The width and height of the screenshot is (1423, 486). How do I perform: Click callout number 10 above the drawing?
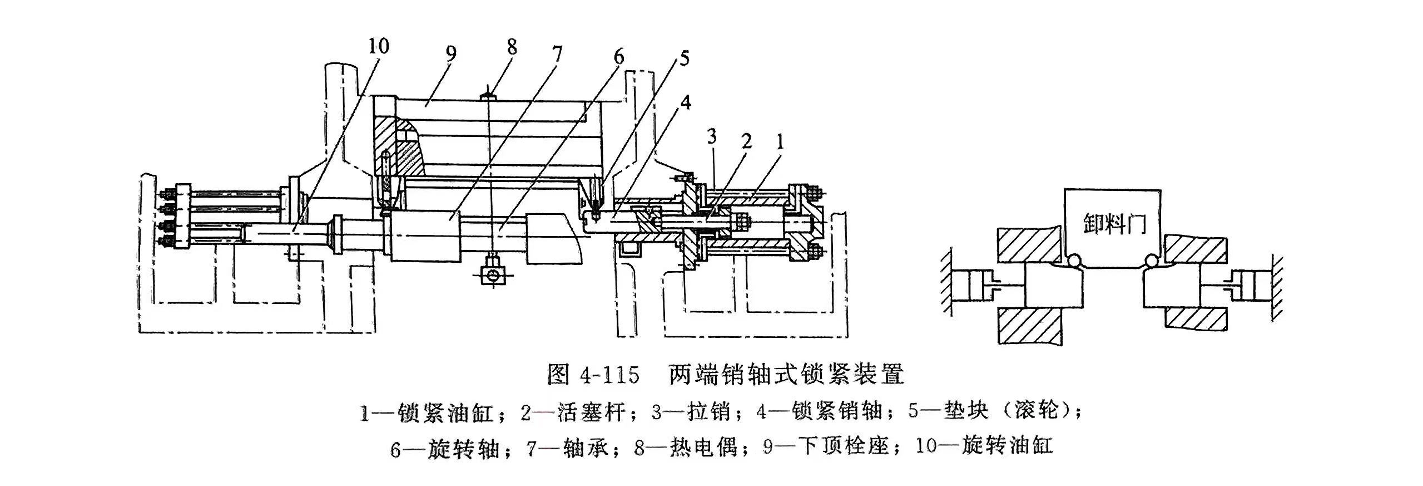click(x=378, y=47)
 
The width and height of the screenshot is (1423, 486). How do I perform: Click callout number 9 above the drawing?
click(x=450, y=53)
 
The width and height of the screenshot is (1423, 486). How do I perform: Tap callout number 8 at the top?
click(x=511, y=47)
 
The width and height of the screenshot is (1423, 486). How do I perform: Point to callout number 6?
click(x=618, y=57)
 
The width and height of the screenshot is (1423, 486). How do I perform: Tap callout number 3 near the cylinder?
click(x=712, y=136)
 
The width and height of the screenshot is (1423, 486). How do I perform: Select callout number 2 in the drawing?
click(x=746, y=140)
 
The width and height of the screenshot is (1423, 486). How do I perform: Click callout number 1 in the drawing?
click(x=780, y=143)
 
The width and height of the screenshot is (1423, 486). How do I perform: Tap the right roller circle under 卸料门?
click(x=1153, y=261)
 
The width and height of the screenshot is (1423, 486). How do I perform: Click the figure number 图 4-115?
click(x=593, y=375)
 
